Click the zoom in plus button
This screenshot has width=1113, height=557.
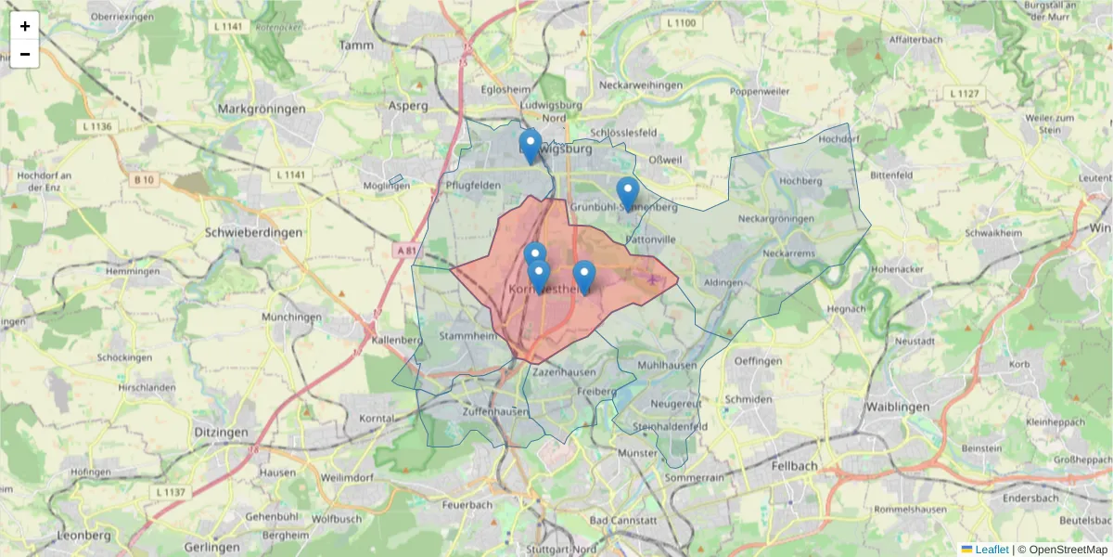25,26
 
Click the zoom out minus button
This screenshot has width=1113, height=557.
25,54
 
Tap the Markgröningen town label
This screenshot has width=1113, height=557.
261,109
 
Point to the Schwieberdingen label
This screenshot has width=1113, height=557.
253,232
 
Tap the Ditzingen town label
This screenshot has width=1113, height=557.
221,433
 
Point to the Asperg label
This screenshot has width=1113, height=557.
410,106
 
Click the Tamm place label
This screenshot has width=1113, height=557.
356,45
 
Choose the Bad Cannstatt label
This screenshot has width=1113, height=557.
638,520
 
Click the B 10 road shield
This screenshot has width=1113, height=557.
143,179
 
